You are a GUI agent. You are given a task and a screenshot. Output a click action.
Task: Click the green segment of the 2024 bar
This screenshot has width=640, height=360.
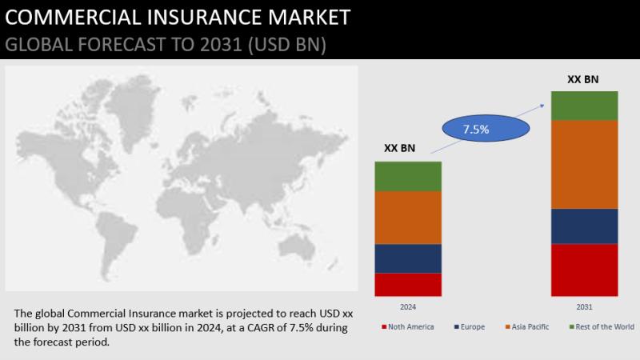[x=408, y=177]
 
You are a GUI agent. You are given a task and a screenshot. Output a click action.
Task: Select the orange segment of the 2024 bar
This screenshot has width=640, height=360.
[x=408, y=218]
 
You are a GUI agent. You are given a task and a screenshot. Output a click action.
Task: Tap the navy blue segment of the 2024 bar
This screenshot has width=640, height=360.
[x=408, y=258]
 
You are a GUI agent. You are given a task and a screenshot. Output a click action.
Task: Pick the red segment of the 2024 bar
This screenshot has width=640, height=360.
[x=408, y=285]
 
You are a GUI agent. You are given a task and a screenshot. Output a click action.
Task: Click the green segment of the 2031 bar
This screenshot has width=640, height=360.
[x=585, y=106]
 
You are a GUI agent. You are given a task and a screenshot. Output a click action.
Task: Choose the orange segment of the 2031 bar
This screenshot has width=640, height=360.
[x=585, y=165]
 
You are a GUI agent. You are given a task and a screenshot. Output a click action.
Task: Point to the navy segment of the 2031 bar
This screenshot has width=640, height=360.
[x=585, y=226]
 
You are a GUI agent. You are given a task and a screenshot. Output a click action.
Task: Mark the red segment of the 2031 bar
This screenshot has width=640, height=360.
[x=585, y=270]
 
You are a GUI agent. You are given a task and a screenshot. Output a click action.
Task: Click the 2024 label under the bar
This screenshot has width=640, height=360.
[x=408, y=307]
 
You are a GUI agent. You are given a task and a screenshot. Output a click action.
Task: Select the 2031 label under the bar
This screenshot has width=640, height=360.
[x=584, y=307]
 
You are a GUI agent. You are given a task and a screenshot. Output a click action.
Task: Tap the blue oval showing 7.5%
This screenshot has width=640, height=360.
[x=486, y=128]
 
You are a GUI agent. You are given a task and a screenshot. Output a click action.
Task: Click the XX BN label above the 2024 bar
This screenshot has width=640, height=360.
[x=399, y=148]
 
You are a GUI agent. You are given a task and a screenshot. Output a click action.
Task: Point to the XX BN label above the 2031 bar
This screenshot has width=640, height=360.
[x=583, y=79]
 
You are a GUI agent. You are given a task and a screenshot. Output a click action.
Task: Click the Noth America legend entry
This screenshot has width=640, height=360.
[x=408, y=327]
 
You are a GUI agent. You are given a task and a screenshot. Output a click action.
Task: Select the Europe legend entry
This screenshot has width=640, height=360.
[x=470, y=327]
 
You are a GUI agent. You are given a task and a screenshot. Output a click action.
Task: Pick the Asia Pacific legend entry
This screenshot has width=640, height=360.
[x=527, y=327]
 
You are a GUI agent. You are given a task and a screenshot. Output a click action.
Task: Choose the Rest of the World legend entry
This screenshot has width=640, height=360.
[x=602, y=327]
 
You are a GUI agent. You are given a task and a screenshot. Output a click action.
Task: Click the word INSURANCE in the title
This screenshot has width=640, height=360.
[x=194, y=17]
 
